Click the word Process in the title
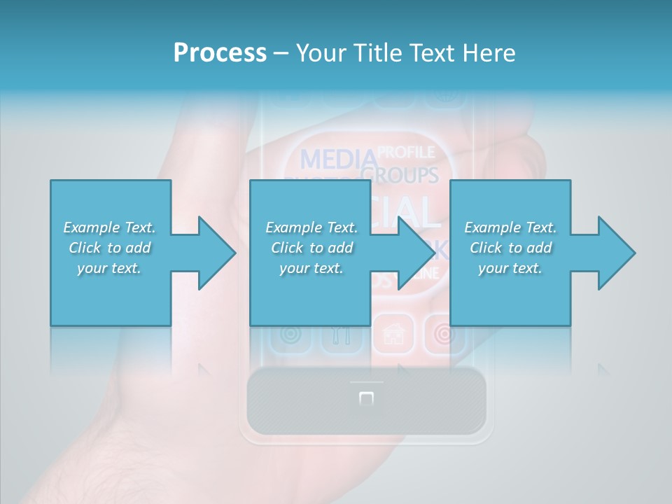coord(220,52)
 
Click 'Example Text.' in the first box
coord(109,227)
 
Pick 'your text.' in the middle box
coord(311,268)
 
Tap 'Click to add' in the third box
coord(510,248)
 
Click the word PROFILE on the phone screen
coord(406,152)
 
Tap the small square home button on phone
coord(366,399)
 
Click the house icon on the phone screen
coord(394,334)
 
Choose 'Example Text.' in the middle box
coord(311,227)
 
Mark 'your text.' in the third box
coord(510,268)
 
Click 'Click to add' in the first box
coord(109,248)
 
